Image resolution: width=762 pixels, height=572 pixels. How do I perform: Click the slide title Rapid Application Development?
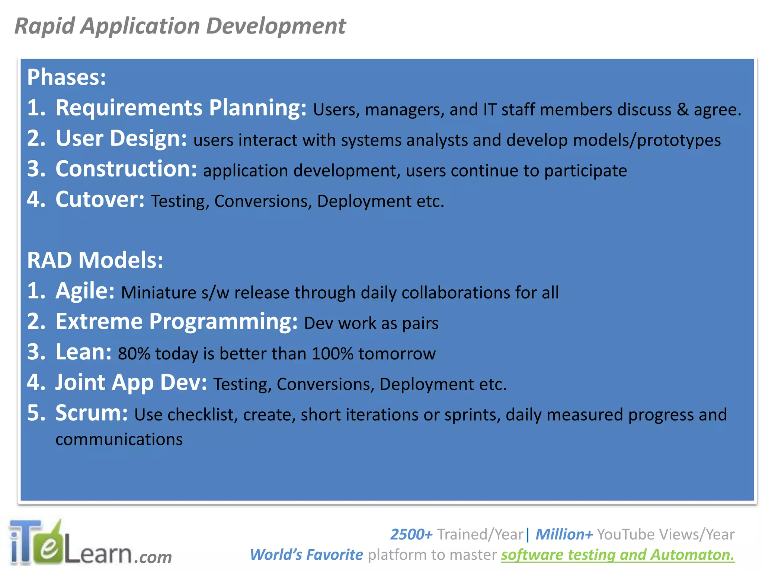tap(180, 26)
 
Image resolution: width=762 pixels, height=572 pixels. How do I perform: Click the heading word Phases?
tap(67, 77)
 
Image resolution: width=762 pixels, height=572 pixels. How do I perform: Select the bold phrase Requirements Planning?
tap(181, 108)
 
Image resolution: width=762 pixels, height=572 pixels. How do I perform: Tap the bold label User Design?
tap(121, 139)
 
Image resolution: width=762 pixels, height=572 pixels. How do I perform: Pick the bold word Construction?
tap(126, 169)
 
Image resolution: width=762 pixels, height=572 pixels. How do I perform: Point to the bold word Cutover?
tap(100, 200)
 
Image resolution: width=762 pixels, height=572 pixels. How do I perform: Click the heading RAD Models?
tap(95, 260)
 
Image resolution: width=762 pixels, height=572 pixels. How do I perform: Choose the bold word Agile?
tap(85, 291)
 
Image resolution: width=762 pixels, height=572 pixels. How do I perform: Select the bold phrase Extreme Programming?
tap(176, 321)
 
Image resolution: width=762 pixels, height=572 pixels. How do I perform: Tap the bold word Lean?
tap(83, 352)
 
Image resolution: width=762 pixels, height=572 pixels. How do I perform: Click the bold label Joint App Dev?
tap(131, 382)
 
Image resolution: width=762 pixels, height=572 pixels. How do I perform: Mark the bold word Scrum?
tap(92, 413)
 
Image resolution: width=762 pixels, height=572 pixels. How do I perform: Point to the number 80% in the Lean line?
tap(134, 354)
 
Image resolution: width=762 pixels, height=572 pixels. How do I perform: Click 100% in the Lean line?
tap(332, 354)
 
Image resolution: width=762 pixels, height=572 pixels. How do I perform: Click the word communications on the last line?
tap(119, 440)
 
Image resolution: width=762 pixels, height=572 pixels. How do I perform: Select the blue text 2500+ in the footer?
tap(411, 534)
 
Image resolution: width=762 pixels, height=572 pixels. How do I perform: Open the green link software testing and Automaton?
tap(618, 555)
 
